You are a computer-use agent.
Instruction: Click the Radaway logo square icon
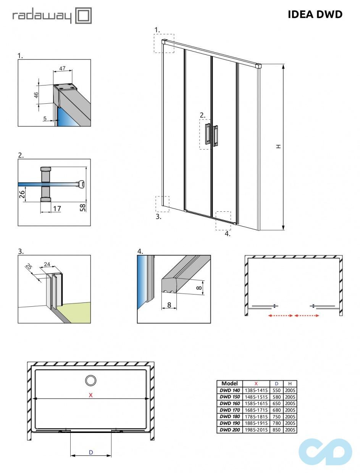(84, 16)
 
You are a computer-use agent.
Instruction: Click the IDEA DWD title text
(315, 14)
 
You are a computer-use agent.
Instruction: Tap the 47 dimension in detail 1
(63, 69)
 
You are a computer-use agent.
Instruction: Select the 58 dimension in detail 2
(83, 208)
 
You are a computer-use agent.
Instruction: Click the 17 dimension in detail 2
(57, 208)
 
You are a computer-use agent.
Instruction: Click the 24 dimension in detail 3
(47, 264)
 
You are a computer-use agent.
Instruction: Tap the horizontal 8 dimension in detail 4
(169, 305)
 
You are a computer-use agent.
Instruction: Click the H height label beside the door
(279, 146)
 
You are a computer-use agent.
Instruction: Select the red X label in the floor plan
(90, 395)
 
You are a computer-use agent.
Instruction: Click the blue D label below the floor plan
(91, 452)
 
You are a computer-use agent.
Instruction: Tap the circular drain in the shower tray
(91, 380)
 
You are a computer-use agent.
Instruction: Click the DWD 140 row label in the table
(229, 390)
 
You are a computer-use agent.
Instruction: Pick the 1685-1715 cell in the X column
(256, 410)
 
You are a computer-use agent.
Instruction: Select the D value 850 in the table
(276, 430)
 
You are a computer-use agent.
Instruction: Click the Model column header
(229, 383)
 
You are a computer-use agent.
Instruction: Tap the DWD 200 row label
(229, 430)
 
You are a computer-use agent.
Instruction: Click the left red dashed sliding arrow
(280, 315)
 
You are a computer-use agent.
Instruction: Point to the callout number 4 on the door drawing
(228, 234)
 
